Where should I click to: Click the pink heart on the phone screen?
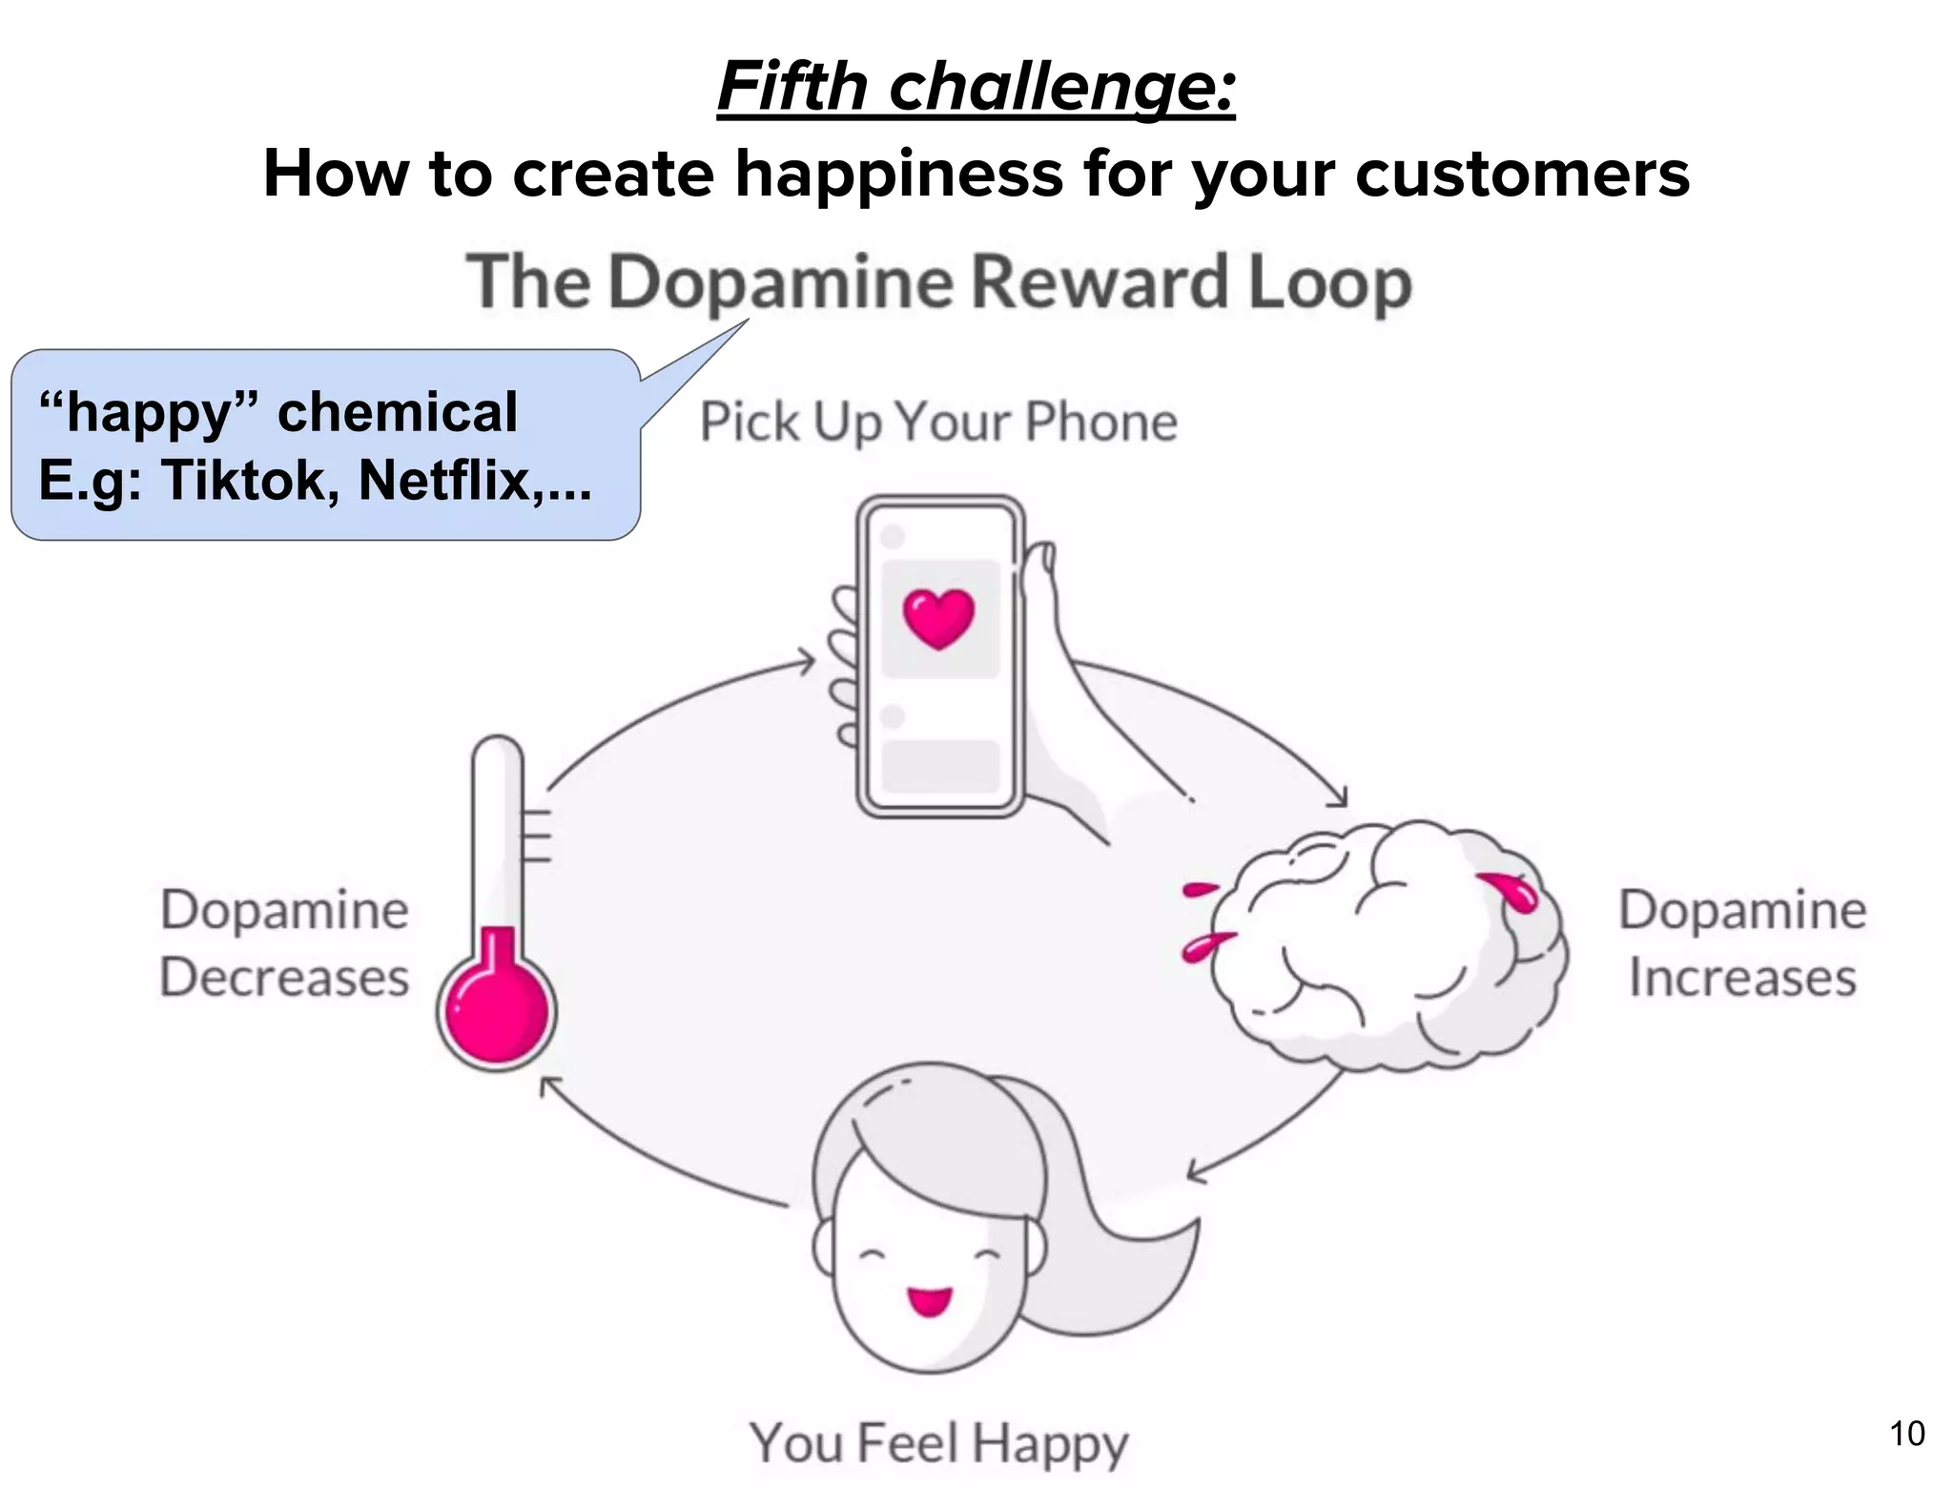point(938,618)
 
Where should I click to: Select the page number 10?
point(1906,1434)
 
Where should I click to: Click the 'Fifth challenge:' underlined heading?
point(976,87)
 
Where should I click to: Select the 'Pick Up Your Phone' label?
point(938,423)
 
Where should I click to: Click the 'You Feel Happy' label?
point(938,1443)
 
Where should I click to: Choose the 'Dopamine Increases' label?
point(1742,943)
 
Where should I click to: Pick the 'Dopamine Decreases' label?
point(284,943)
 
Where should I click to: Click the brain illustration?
point(1383,944)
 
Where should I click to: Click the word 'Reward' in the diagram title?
point(1100,283)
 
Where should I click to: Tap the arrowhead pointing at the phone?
point(809,660)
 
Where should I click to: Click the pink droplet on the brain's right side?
point(1511,891)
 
